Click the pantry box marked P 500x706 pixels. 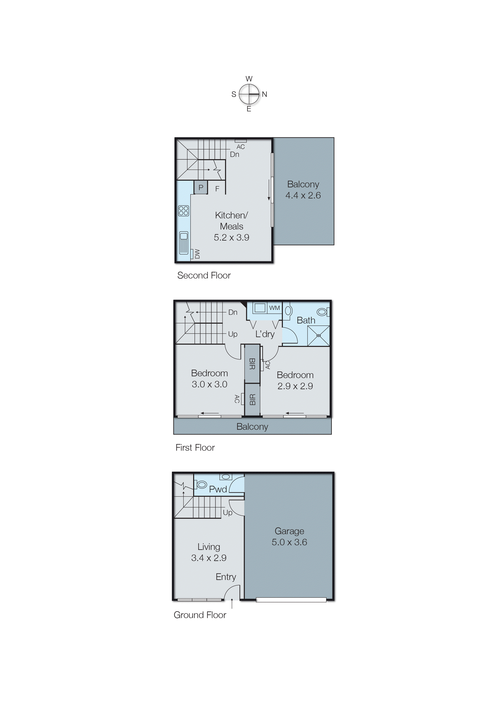[x=201, y=188]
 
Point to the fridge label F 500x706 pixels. [x=217, y=189]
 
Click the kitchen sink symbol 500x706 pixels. [x=183, y=243]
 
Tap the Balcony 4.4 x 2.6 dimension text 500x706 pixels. [x=303, y=195]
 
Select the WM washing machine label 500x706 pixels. [x=274, y=308]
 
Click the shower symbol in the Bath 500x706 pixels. [x=318, y=336]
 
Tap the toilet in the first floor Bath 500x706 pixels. [x=323, y=312]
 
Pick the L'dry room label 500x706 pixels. [x=265, y=334]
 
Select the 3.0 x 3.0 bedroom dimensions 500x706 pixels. [x=209, y=384]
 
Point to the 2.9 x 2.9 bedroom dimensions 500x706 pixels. [x=295, y=386]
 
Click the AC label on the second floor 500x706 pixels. [x=241, y=147]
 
